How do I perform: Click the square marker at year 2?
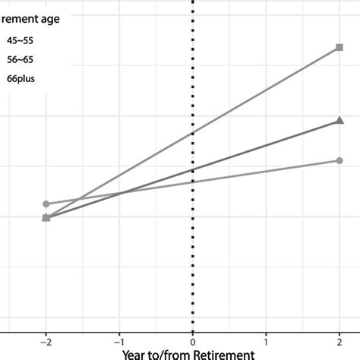(339, 48)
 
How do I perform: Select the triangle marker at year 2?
(339, 120)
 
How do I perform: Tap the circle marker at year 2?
(339, 160)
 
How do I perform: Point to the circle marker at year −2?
(46, 204)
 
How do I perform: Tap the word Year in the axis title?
(136, 353)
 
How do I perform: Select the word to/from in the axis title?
(174, 353)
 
